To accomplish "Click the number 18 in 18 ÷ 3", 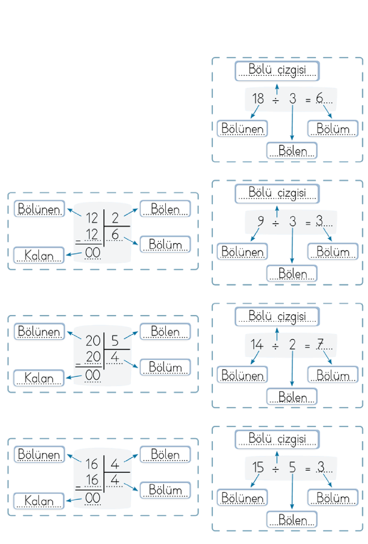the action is pyautogui.click(x=258, y=98).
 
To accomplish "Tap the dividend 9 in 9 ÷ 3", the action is pyautogui.click(x=260, y=221).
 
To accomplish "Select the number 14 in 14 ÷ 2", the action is pyautogui.click(x=257, y=344).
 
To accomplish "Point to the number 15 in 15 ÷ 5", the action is pyautogui.click(x=258, y=467).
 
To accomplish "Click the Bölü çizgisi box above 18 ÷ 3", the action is pyautogui.click(x=277, y=71).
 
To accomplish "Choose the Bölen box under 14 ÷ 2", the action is pyautogui.click(x=292, y=396).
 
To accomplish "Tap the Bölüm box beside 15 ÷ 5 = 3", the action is pyautogui.click(x=333, y=498).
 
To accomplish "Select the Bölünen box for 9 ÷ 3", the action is pyautogui.click(x=242, y=252).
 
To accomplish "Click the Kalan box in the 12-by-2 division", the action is pyautogui.click(x=39, y=256).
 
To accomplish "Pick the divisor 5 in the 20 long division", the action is pyautogui.click(x=115, y=340).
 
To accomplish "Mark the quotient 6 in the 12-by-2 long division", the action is pyautogui.click(x=115, y=235).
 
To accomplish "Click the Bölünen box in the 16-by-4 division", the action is pyautogui.click(x=39, y=454).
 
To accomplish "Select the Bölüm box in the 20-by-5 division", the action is pyautogui.click(x=165, y=367).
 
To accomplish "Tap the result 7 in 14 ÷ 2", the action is pyautogui.click(x=320, y=344).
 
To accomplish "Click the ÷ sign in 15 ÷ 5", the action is pyautogui.click(x=276, y=469).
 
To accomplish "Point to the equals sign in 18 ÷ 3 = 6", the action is pyautogui.click(x=308, y=101).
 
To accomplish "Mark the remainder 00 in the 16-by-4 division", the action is pyautogui.click(x=93, y=498).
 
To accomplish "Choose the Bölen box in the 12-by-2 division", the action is pyautogui.click(x=165, y=209).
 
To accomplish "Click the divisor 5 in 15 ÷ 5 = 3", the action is pyautogui.click(x=293, y=467).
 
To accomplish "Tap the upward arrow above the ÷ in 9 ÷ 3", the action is pyautogui.click(x=277, y=211).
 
